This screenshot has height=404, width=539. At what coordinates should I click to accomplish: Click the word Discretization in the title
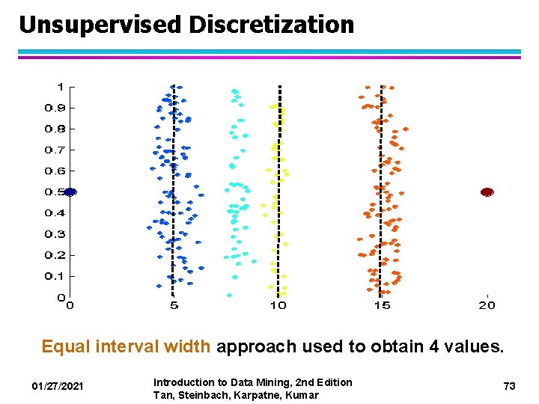click(x=272, y=25)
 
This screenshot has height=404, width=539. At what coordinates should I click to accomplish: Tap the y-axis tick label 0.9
click(x=55, y=108)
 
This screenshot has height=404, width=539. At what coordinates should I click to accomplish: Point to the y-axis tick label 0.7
click(x=55, y=150)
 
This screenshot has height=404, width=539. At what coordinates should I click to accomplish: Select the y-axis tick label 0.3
click(x=55, y=234)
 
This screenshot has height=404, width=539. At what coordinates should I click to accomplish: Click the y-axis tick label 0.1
click(x=55, y=276)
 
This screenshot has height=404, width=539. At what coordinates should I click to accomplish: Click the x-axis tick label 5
click(x=174, y=305)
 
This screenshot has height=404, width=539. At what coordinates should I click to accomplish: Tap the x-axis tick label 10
click(x=278, y=305)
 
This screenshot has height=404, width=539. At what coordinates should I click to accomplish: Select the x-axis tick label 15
click(x=382, y=305)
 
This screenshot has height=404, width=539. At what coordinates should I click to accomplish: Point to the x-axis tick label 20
click(x=487, y=305)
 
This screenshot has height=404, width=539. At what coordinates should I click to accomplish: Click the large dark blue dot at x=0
click(x=70, y=192)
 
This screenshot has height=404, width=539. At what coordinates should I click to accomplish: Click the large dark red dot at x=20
click(x=487, y=192)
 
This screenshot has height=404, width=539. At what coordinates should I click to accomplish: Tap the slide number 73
click(x=510, y=386)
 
